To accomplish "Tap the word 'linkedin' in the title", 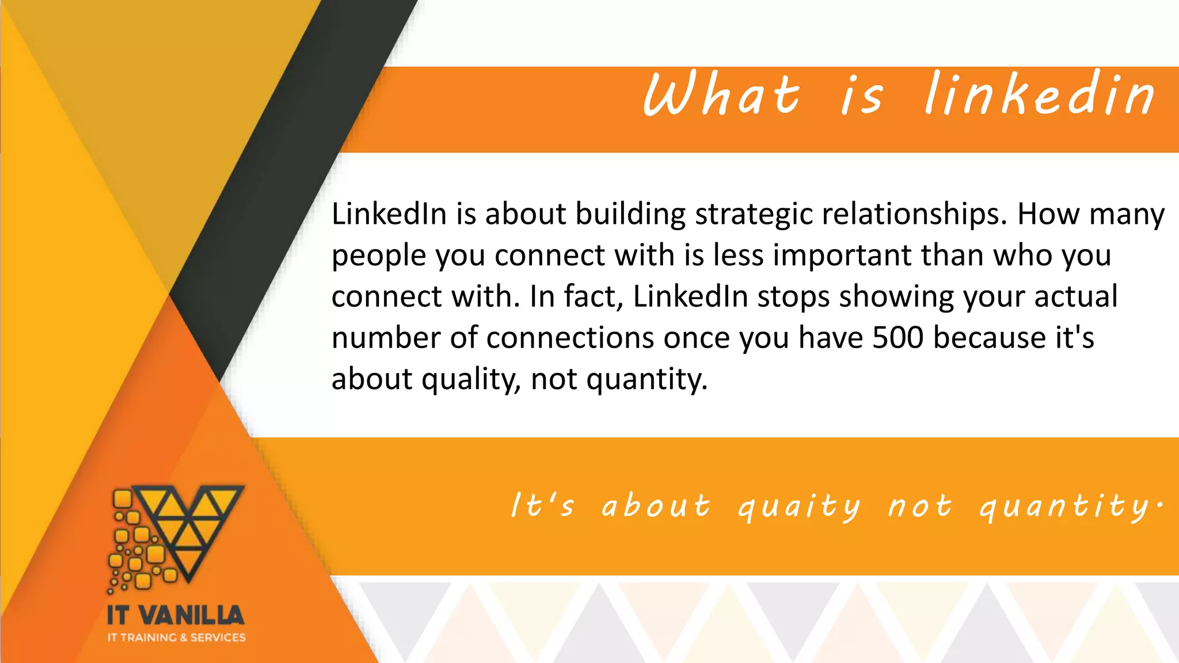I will [1040, 94].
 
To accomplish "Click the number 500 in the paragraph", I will [897, 337].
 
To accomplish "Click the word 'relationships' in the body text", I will [914, 214].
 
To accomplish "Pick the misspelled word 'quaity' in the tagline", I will [799, 506].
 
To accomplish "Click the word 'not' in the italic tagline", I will [919, 506].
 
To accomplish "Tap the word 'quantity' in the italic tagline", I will [1065, 506].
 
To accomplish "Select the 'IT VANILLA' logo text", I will [176, 615].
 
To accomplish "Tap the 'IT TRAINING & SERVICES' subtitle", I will [176, 638].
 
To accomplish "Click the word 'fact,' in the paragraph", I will [594, 297].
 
